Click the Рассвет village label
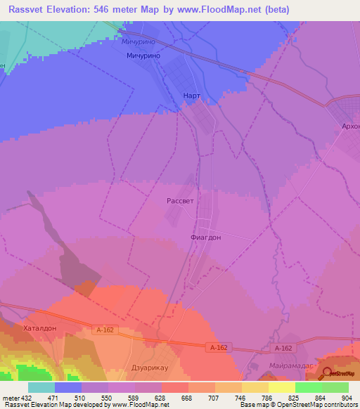pos(179,200)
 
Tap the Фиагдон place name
pos(205,238)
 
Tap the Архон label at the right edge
pos(349,126)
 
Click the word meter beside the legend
pos(8,397)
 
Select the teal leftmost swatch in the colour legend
pos(41,387)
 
